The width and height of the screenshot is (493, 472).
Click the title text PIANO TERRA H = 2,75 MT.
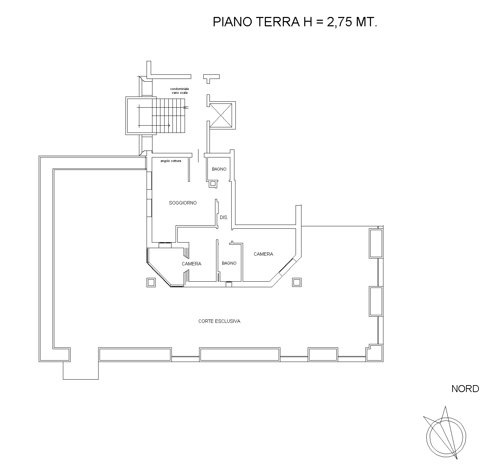[x=295, y=22]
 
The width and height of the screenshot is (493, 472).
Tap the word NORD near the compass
[x=465, y=389]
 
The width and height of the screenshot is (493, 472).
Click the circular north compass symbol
[x=446, y=437]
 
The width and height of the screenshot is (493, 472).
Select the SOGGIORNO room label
[x=183, y=203]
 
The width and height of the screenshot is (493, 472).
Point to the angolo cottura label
[x=171, y=161]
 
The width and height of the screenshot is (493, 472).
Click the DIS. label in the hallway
[x=224, y=217]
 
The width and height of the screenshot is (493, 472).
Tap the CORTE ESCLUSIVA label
[x=220, y=321]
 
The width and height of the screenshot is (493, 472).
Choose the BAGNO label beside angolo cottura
[x=219, y=169]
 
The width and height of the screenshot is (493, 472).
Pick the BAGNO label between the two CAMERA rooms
[x=229, y=263]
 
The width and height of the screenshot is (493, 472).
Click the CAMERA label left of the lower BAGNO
[x=192, y=264]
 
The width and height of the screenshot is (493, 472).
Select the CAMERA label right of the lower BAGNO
[x=263, y=254]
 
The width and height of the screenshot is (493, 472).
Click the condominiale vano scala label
[x=180, y=91]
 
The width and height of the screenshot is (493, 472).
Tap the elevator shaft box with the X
[x=221, y=115]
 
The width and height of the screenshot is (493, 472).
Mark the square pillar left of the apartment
[x=151, y=282]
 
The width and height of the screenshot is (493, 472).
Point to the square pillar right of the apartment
[x=297, y=282]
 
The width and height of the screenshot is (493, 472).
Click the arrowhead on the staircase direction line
[x=169, y=125]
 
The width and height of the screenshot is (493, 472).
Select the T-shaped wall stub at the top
[x=211, y=79]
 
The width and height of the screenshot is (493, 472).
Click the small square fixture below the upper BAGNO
[x=213, y=184]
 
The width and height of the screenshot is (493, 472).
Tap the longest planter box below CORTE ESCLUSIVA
[x=240, y=355]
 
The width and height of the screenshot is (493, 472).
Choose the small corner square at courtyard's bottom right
[x=374, y=353]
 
